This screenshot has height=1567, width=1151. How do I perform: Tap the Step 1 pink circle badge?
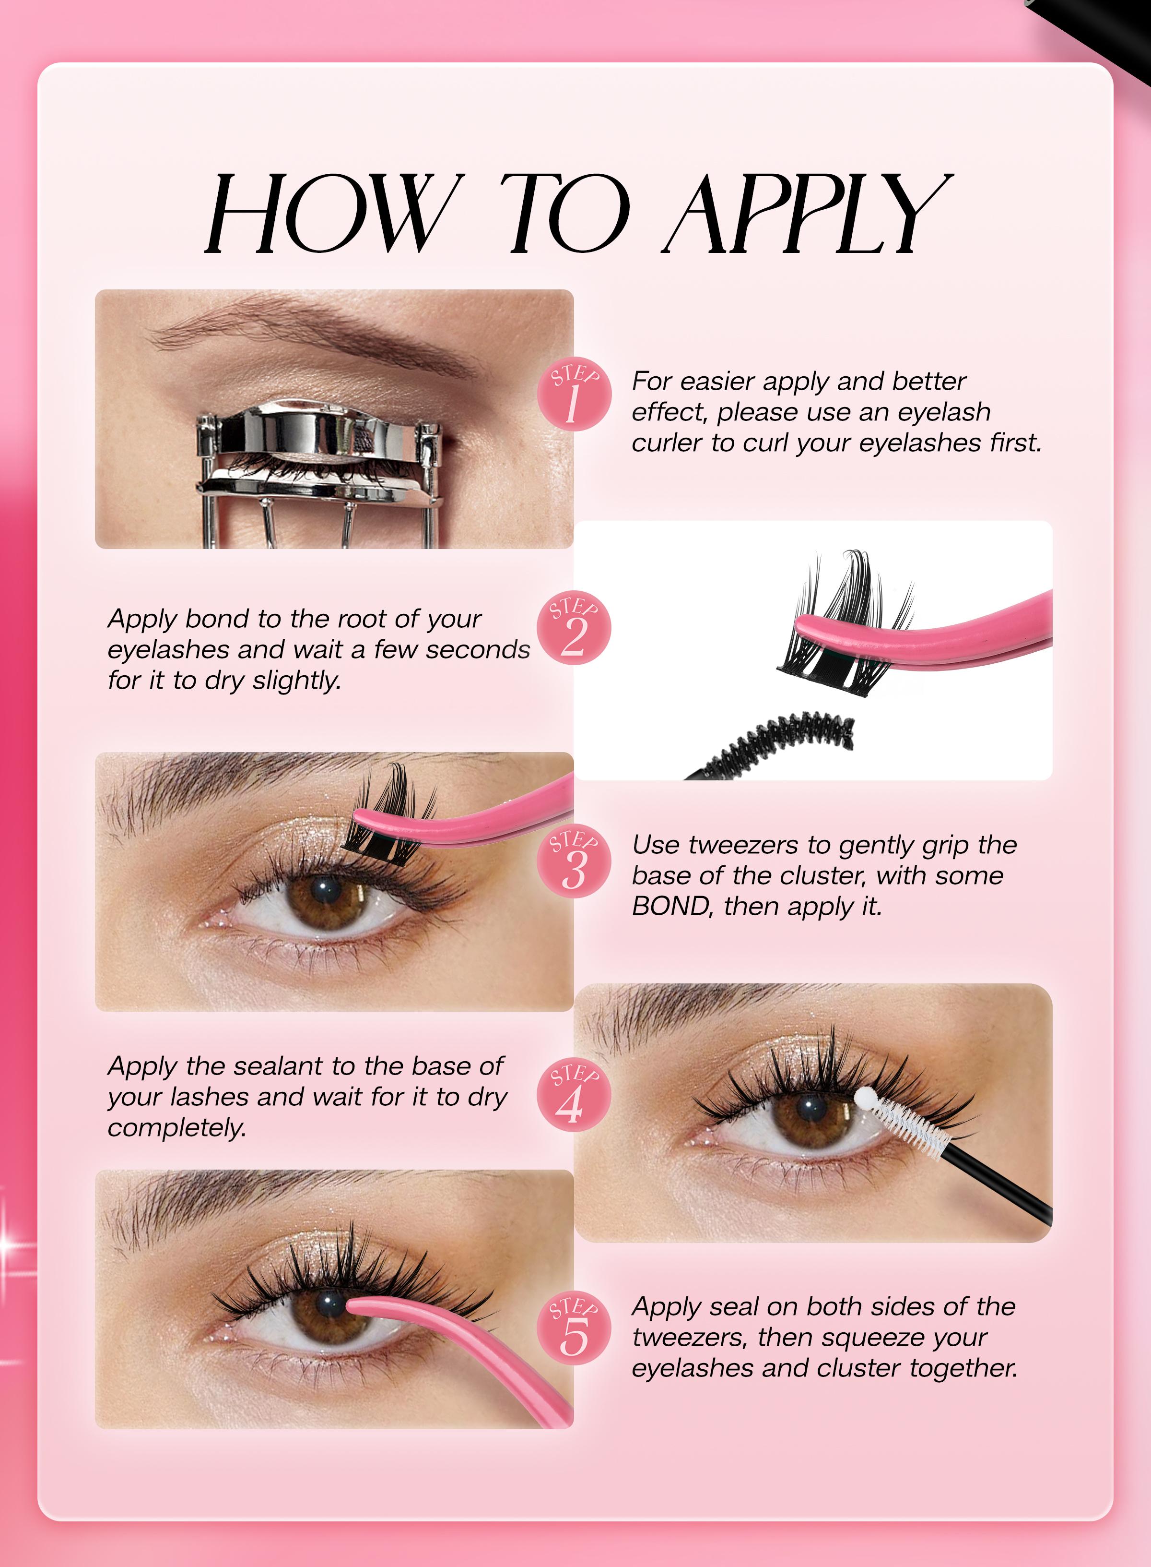[575, 395]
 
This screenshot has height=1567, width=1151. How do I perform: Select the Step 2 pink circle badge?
[575, 629]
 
